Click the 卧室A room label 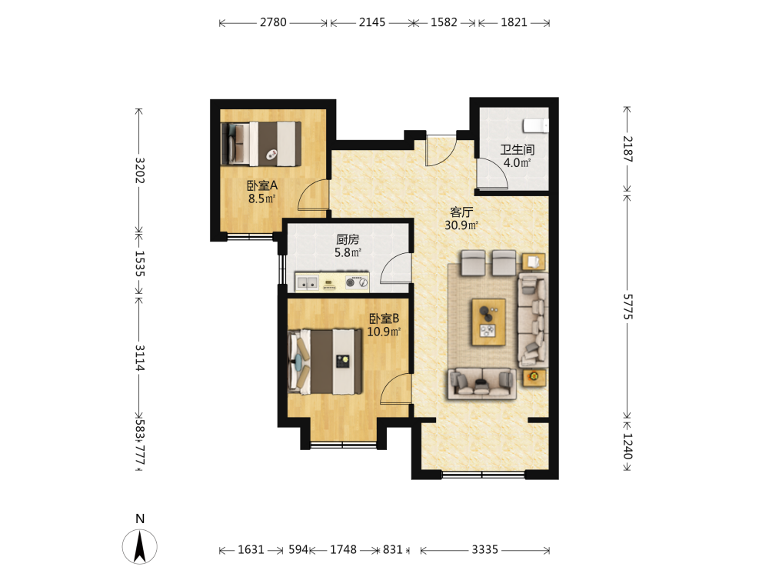(x=262, y=185)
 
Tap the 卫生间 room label (x=517, y=150)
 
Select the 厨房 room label (x=348, y=239)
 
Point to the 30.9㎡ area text (x=461, y=225)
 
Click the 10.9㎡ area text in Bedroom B (x=384, y=332)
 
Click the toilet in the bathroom (x=535, y=125)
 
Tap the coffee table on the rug (x=488, y=322)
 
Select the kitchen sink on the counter (x=307, y=282)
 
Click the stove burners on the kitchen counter (x=357, y=282)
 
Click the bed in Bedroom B (x=325, y=362)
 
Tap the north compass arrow (x=140, y=546)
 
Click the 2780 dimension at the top (x=273, y=22)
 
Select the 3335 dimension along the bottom (x=485, y=549)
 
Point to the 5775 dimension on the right (x=628, y=307)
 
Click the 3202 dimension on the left (x=140, y=170)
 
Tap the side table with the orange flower (x=534, y=377)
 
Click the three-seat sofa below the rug (x=481, y=383)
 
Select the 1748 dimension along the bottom (x=343, y=549)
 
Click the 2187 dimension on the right (x=628, y=149)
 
